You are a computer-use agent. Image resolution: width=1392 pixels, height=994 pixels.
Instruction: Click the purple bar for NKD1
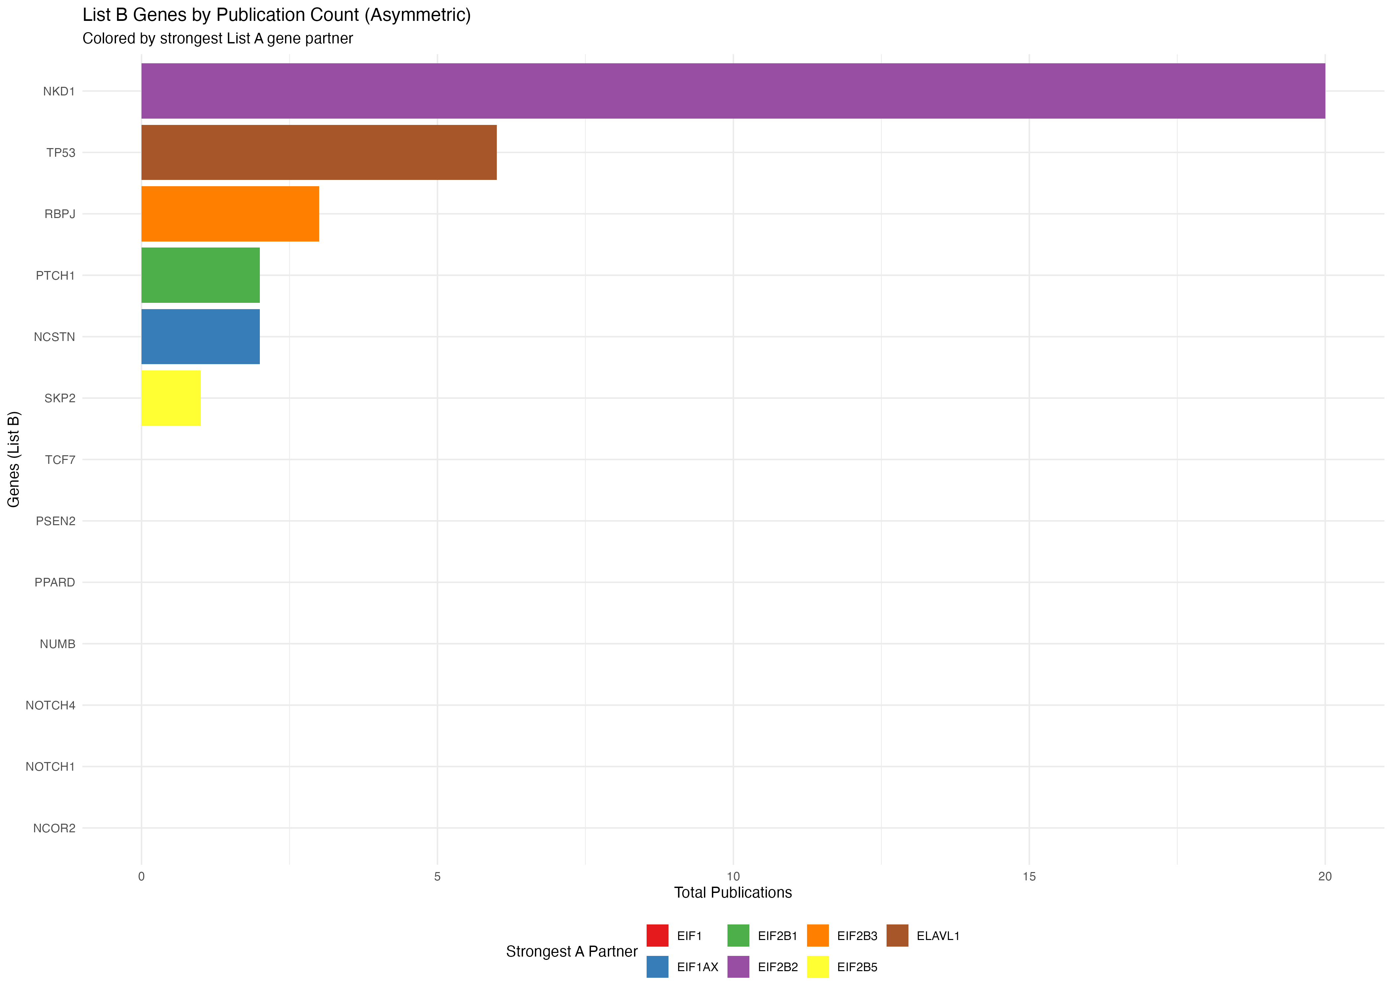click(733, 91)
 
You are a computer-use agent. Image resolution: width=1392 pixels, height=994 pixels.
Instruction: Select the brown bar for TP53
click(319, 152)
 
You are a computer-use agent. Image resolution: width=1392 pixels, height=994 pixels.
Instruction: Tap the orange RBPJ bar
click(230, 214)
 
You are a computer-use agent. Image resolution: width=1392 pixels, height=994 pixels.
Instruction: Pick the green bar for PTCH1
click(200, 275)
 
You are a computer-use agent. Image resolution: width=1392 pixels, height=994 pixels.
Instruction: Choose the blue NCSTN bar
click(200, 337)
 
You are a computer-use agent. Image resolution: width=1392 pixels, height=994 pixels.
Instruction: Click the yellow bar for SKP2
click(171, 398)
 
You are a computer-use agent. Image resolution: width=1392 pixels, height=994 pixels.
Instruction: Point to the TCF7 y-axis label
click(60, 460)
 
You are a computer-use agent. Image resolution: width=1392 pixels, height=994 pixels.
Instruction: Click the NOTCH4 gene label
click(50, 705)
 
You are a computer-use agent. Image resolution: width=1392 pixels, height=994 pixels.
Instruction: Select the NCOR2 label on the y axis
click(54, 828)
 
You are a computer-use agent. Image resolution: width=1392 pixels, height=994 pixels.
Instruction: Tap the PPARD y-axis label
click(54, 582)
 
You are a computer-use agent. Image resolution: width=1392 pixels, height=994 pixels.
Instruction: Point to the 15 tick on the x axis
click(1029, 876)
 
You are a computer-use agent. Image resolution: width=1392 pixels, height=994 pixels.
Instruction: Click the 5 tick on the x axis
click(437, 876)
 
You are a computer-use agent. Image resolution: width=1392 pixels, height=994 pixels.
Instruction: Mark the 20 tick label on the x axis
click(1325, 876)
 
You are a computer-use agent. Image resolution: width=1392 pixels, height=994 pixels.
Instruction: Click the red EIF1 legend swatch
click(658, 935)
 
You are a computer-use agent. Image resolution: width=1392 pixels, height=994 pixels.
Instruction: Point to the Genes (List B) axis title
click(14, 459)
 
